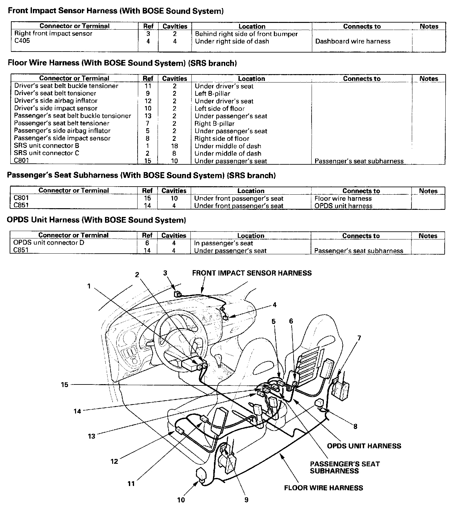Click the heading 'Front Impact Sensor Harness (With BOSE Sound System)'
pyautogui.click(x=116, y=11)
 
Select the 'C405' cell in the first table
pyautogui.click(x=22, y=41)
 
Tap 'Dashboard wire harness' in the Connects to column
pyautogui.click(x=353, y=41)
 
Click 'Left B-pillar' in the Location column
pyautogui.click(x=212, y=93)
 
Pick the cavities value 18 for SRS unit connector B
pyautogui.click(x=174, y=146)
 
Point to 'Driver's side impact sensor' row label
pyautogui.click(x=56, y=108)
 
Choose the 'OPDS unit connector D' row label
pyautogui.click(x=49, y=242)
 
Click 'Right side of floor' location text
pyautogui.click(x=222, y=138)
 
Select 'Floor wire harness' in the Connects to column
pyautogui.click(x=343, y=199)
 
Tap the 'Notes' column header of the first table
pyautogui.click(x=429, y=26)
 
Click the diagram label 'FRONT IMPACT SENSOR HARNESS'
pyautogui.click(x=252, y=273)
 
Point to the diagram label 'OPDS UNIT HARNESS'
pyautogui.click(x=364, y=446)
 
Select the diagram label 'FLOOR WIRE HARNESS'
pyautogui.click(x=323, y=488)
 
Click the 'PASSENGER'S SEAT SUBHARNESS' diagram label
pyautogui.click(x=345, y=467)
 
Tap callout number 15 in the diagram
pyautogui.click(x=65, y=384)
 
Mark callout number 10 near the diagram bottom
pyautogui.click(x=181, y=500)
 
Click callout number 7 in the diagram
pyautogui.click(x=359, y=338)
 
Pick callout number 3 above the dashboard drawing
pyautogui.click(x=165, y=273)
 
